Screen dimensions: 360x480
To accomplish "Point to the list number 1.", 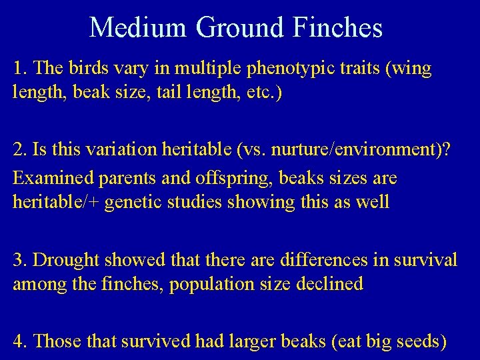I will point(19,69).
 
